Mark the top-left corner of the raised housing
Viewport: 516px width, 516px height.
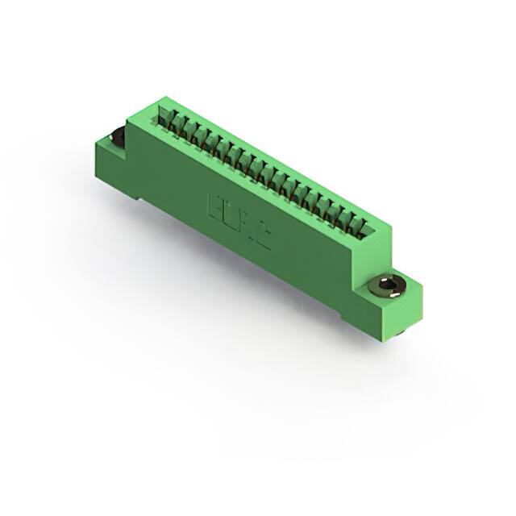(x=158, y=103)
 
